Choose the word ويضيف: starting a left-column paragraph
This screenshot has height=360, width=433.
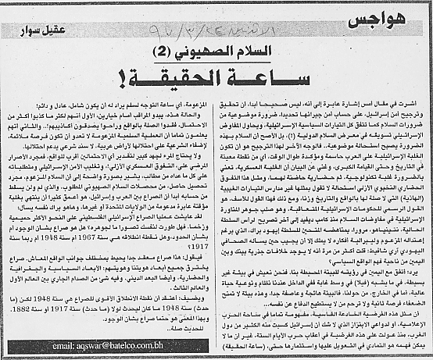coord(194,300)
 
